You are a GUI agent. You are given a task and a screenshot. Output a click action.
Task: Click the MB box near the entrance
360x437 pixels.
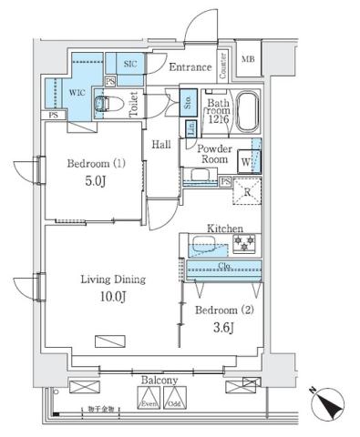(x=248, y=60)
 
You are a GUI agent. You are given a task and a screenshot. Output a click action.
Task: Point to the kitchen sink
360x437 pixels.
(x=201, y=245)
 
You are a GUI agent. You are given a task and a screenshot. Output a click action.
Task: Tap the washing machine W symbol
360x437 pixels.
(x=246, y=163)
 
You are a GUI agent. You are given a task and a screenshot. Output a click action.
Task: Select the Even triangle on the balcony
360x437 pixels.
(x=149, y=398)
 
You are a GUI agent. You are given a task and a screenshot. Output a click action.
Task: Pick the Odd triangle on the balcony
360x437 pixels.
(x=174, y=398)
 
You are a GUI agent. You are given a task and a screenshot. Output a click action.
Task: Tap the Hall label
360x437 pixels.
(x=161, y=144)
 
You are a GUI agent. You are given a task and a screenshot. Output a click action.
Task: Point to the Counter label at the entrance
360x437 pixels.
(x=222, y=64)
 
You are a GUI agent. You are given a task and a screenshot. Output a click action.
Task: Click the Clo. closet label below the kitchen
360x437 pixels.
(x=222, y=268)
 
